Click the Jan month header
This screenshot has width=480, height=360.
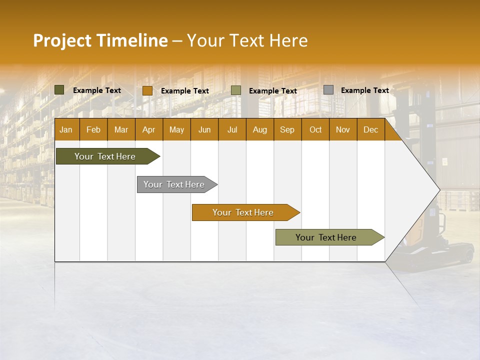pos(66,129)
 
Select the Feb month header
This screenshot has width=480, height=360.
pos(93,129)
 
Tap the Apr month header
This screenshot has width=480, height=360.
pos(148,129)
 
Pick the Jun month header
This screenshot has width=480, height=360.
pos(204,129)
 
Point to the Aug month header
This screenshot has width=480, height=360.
pos(259,129)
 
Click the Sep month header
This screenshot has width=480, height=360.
pos(287,129)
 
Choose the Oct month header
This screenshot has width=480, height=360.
pos(315,129)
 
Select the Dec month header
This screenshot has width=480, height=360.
pos(370,129)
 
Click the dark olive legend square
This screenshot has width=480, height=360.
pos(59,90)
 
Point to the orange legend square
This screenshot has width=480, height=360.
pos(147,90)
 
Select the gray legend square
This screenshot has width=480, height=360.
pos(328,90)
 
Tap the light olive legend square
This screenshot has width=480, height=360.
pos(236,90)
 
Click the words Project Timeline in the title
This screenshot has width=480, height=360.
pos(100,40)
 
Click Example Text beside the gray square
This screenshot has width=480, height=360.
pos(364,90)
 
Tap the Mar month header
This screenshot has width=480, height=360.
pos(121,129)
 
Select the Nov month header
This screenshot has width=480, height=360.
pos(343,129)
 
